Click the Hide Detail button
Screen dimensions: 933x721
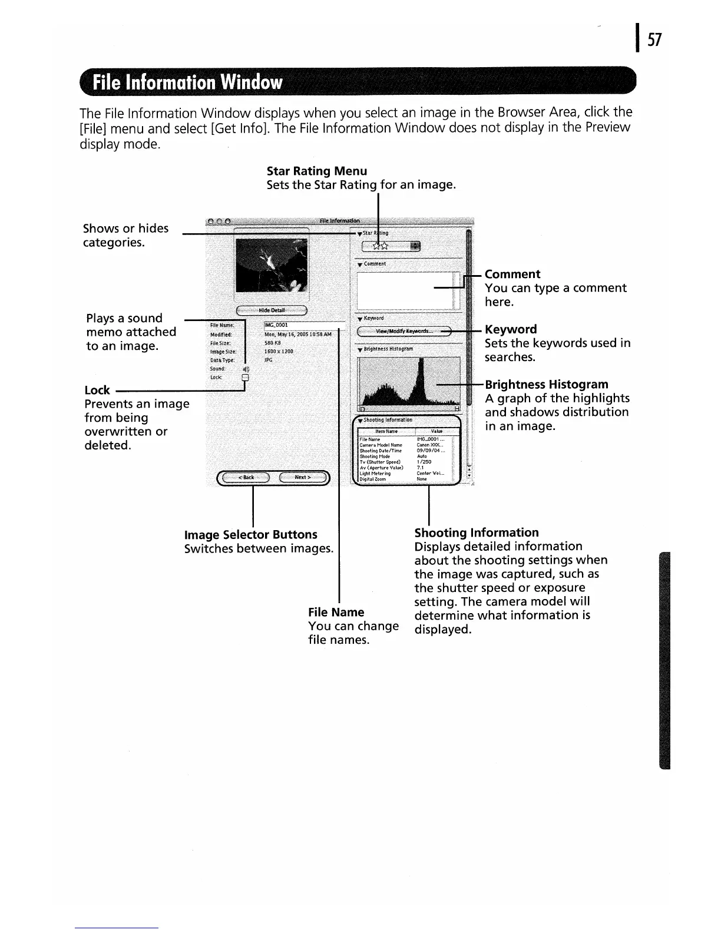pos(272,310)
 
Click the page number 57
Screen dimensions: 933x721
pos(655,39)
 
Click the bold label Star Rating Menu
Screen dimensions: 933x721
pos(317,171)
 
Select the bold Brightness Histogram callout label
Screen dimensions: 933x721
pos(546,385)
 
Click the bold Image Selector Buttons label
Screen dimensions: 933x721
pos(251,535)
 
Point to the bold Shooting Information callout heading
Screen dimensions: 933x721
pos(477,532)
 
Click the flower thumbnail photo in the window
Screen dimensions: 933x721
pos(271,266)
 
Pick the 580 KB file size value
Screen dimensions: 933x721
pos(273,343)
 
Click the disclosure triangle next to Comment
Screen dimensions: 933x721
pos(359,264)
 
